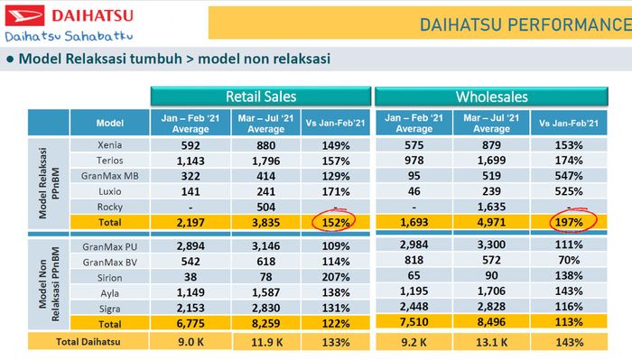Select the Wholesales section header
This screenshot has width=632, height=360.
click(491, 97)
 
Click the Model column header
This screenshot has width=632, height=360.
click(109, 123)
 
